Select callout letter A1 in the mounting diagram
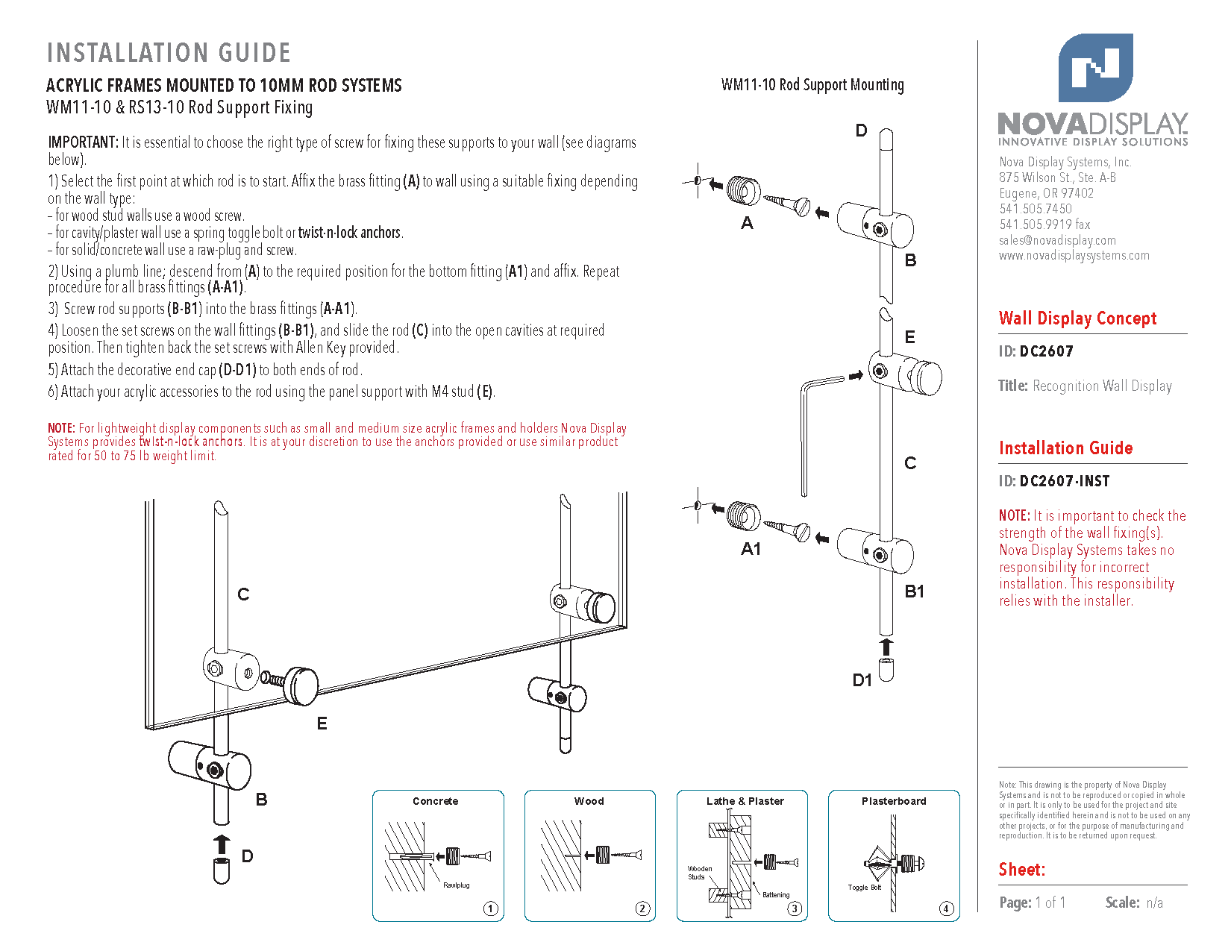point(751,549)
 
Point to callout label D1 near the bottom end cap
point(862,680)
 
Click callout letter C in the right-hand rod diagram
point(910,463)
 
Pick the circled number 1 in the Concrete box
point(490,908)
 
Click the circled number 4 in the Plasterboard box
point(946,908)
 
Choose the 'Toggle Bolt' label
point(864,888)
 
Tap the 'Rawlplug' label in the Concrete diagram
point(457,885)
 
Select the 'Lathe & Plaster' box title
point(745,801)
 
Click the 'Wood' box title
point(589,801)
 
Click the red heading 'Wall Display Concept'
point(1077,318)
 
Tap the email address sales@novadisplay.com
point(1057,240)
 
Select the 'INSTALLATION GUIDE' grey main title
point(169,53)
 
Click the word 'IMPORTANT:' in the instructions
point(83,142)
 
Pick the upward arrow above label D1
point(886,647)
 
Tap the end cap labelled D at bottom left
point(222,871)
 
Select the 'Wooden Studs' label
point(700,873)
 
